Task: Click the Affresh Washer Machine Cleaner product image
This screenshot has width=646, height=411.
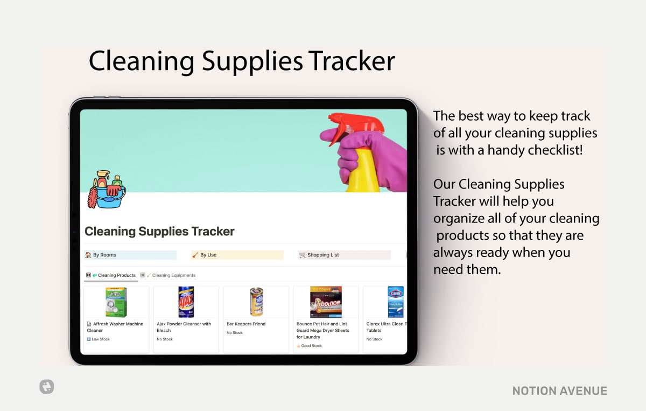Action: point(116,302)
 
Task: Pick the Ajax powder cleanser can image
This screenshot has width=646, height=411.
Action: point(186,302)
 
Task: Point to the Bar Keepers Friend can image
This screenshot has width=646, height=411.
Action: point(256,302)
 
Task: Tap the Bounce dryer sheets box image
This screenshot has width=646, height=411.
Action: point(326,302)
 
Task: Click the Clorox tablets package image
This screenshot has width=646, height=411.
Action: point(395,302)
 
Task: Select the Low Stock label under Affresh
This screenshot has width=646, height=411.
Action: point(100,339)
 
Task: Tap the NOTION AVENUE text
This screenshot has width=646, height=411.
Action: point(560,391)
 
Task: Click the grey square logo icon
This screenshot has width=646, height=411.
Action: point(46,386)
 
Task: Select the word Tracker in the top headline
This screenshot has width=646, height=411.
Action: point(352,61)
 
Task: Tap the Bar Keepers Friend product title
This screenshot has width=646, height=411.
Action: point(246,324)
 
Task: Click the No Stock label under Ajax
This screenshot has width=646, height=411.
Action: point(165,339)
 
